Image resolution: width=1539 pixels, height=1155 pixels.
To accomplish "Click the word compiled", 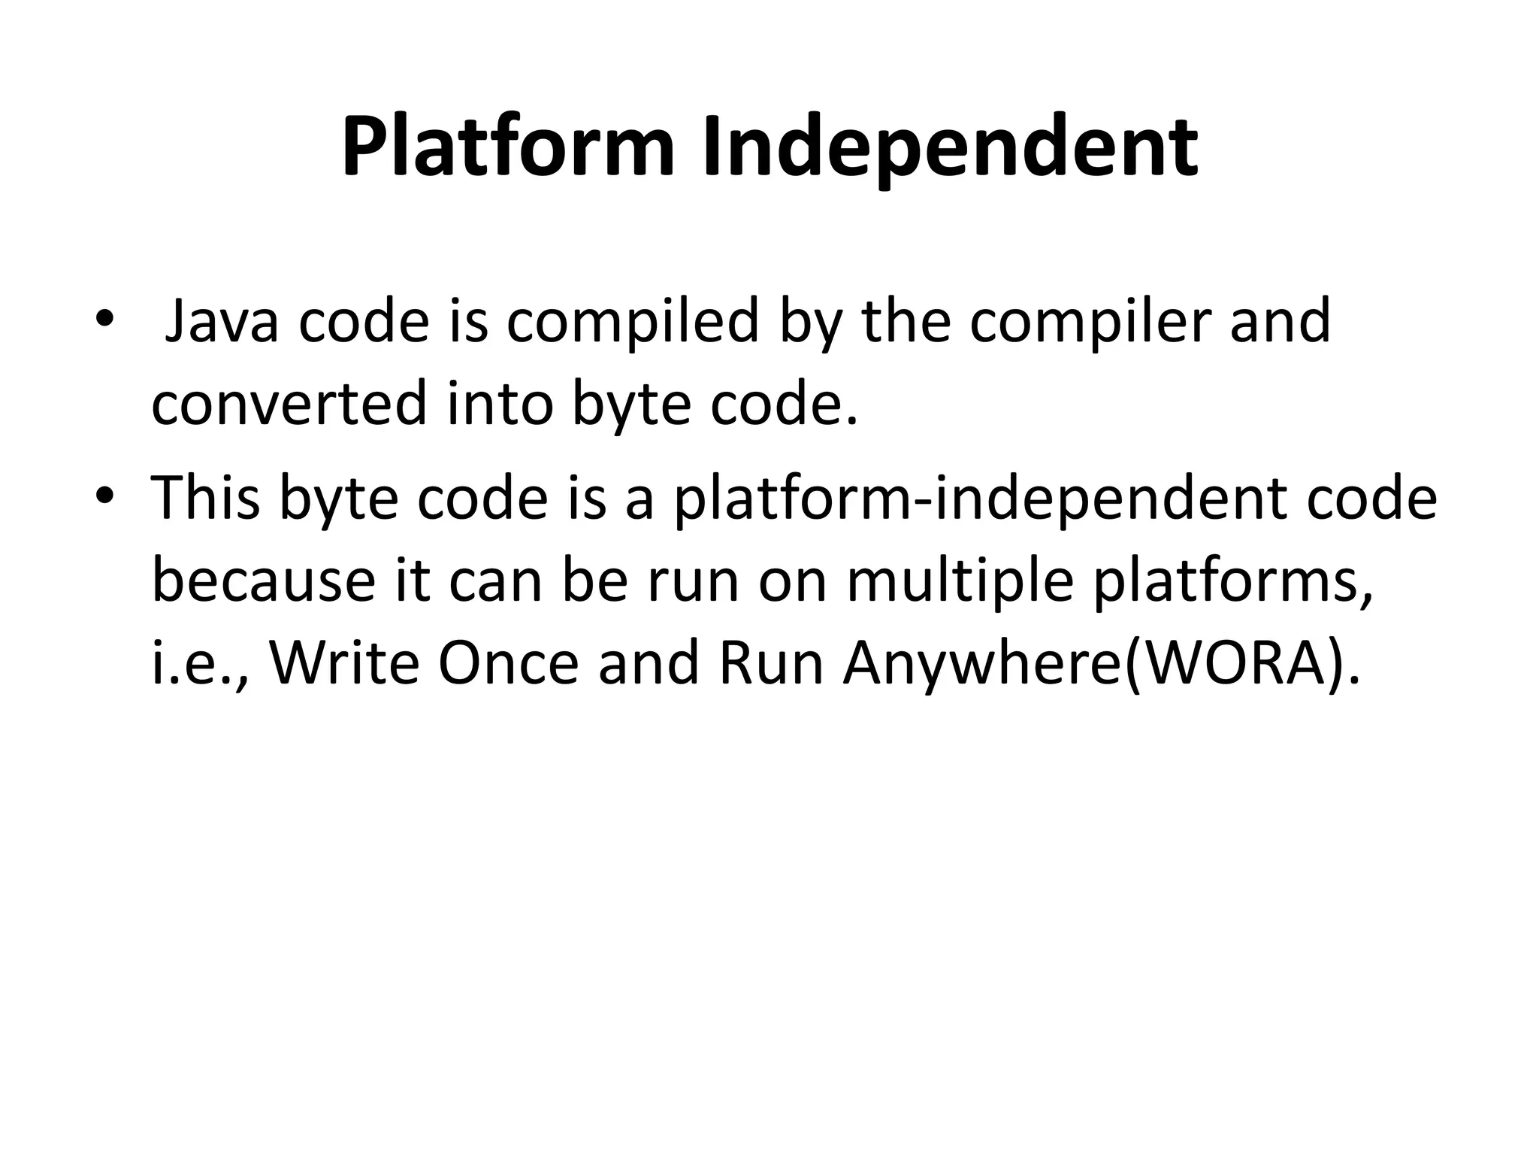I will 632,322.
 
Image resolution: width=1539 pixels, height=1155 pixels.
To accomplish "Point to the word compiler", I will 1090,322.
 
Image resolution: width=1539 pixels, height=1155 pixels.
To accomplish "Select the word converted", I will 289,405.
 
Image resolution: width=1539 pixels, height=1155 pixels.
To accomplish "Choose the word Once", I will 508,664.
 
